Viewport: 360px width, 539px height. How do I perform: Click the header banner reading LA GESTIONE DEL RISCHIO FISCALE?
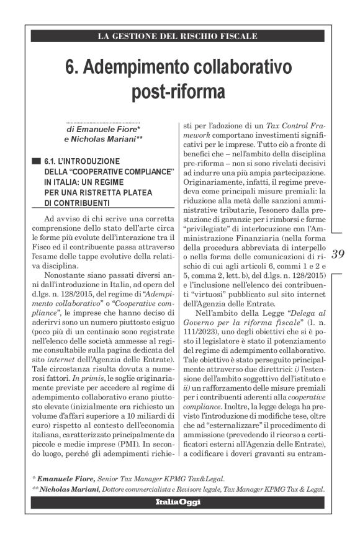178,36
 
